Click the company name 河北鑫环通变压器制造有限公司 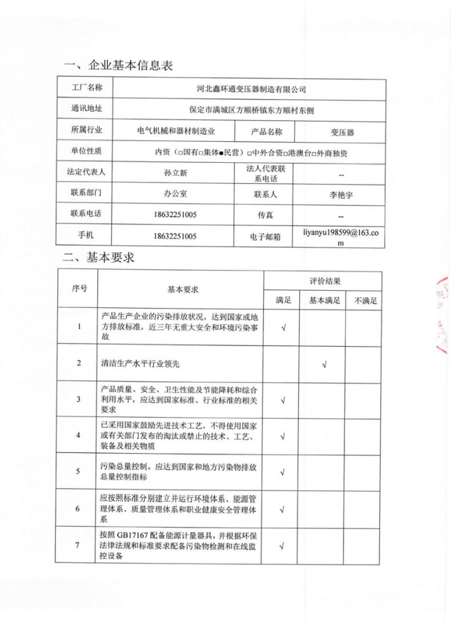(x=247, y=89)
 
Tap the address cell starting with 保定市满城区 (x=247, y=109)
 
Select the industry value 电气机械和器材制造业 (x=176, y=131)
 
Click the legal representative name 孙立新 (x=175, y=171)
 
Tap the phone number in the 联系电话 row (x=175, y=215)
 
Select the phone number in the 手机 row (x=175, y=235)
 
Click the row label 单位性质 (x=86, y=151)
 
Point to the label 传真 (x=266, y=215)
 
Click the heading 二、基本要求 (x=99, y=258)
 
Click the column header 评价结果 (x=322, y=282)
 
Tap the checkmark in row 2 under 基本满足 (x=324, y=364)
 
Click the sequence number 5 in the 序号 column (x=78, y=471)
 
